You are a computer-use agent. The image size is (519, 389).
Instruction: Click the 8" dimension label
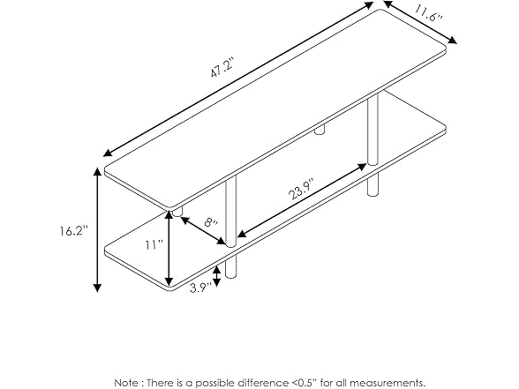click(x=208, y=224)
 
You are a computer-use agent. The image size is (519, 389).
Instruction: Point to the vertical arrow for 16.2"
click(x=96, y=229)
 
